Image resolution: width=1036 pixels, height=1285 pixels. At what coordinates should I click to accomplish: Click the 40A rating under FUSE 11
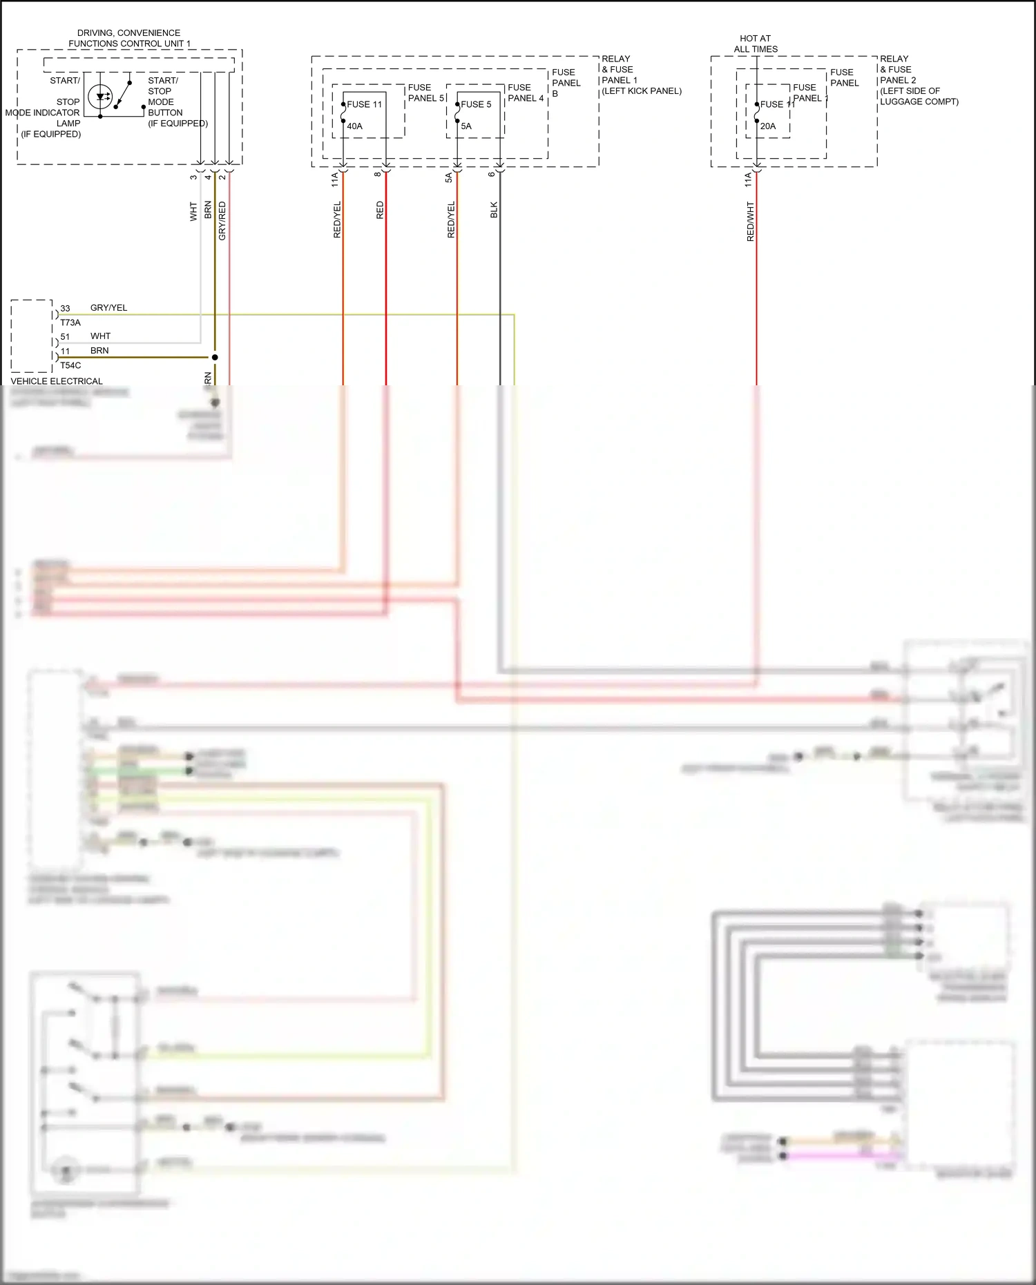point(354,126)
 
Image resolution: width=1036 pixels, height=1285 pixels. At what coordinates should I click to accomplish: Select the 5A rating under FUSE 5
point(466,126)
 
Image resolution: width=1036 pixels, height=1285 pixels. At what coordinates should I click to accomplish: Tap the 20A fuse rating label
point(768,126)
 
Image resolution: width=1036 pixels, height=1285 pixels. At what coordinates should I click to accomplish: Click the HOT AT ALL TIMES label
point(756,44)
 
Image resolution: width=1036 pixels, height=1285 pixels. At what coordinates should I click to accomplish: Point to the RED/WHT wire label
point(750,221)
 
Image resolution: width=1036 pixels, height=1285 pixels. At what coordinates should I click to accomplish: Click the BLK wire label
point(494,210)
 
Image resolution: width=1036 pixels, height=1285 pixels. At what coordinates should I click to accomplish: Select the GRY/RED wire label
point(222,221)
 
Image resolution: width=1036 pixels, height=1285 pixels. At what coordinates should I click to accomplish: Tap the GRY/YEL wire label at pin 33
point(108,308)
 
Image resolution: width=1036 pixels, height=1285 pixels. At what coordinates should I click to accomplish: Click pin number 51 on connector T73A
point(65,337)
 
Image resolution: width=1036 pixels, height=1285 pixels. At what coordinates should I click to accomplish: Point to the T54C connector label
point(70,365)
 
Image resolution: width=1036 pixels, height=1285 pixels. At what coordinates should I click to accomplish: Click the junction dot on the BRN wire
point(215,357)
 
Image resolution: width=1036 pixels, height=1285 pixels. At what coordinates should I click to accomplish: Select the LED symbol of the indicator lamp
point(102,97)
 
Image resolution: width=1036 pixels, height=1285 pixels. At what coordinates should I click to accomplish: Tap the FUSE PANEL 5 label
point(425,93)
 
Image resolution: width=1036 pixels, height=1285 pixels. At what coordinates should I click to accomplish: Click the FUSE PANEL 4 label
point(525,93)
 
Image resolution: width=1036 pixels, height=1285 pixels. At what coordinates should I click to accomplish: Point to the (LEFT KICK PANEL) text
point(641,91)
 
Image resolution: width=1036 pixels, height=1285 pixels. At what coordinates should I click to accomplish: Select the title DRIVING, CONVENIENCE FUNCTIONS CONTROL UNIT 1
point(129,38)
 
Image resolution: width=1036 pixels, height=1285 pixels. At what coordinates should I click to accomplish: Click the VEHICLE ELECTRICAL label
point(57,381)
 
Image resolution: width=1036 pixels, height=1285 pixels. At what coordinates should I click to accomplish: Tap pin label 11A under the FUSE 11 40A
point(335,180)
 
